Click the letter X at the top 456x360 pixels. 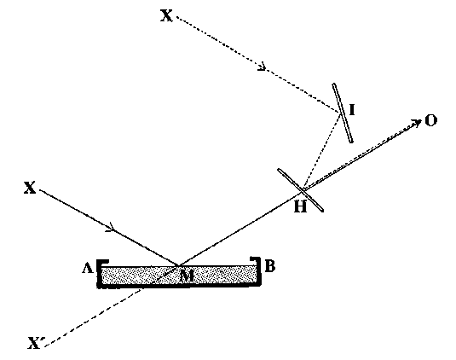pos(167,15)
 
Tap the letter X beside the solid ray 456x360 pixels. pos(30,188)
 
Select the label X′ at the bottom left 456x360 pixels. pos(34,343)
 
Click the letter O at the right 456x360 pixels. pos(431,120)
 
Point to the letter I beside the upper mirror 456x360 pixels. pos(352,110)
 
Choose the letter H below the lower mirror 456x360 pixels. pos(300,207)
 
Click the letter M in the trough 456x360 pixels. pos(187,276)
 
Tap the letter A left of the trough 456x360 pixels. pos(88,268)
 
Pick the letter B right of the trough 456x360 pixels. pos(270,266)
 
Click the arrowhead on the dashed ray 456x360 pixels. pos(263,67)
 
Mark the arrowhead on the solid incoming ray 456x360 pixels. pos(112,228)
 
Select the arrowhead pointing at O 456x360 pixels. pos(418,122)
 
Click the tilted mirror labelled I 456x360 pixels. pos(343,113)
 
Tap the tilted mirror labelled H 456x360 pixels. pos(300,190)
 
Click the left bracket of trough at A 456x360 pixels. pos(100,273)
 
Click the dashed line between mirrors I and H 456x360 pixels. pos(321,151)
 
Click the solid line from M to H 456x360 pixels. pos(241,228)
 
